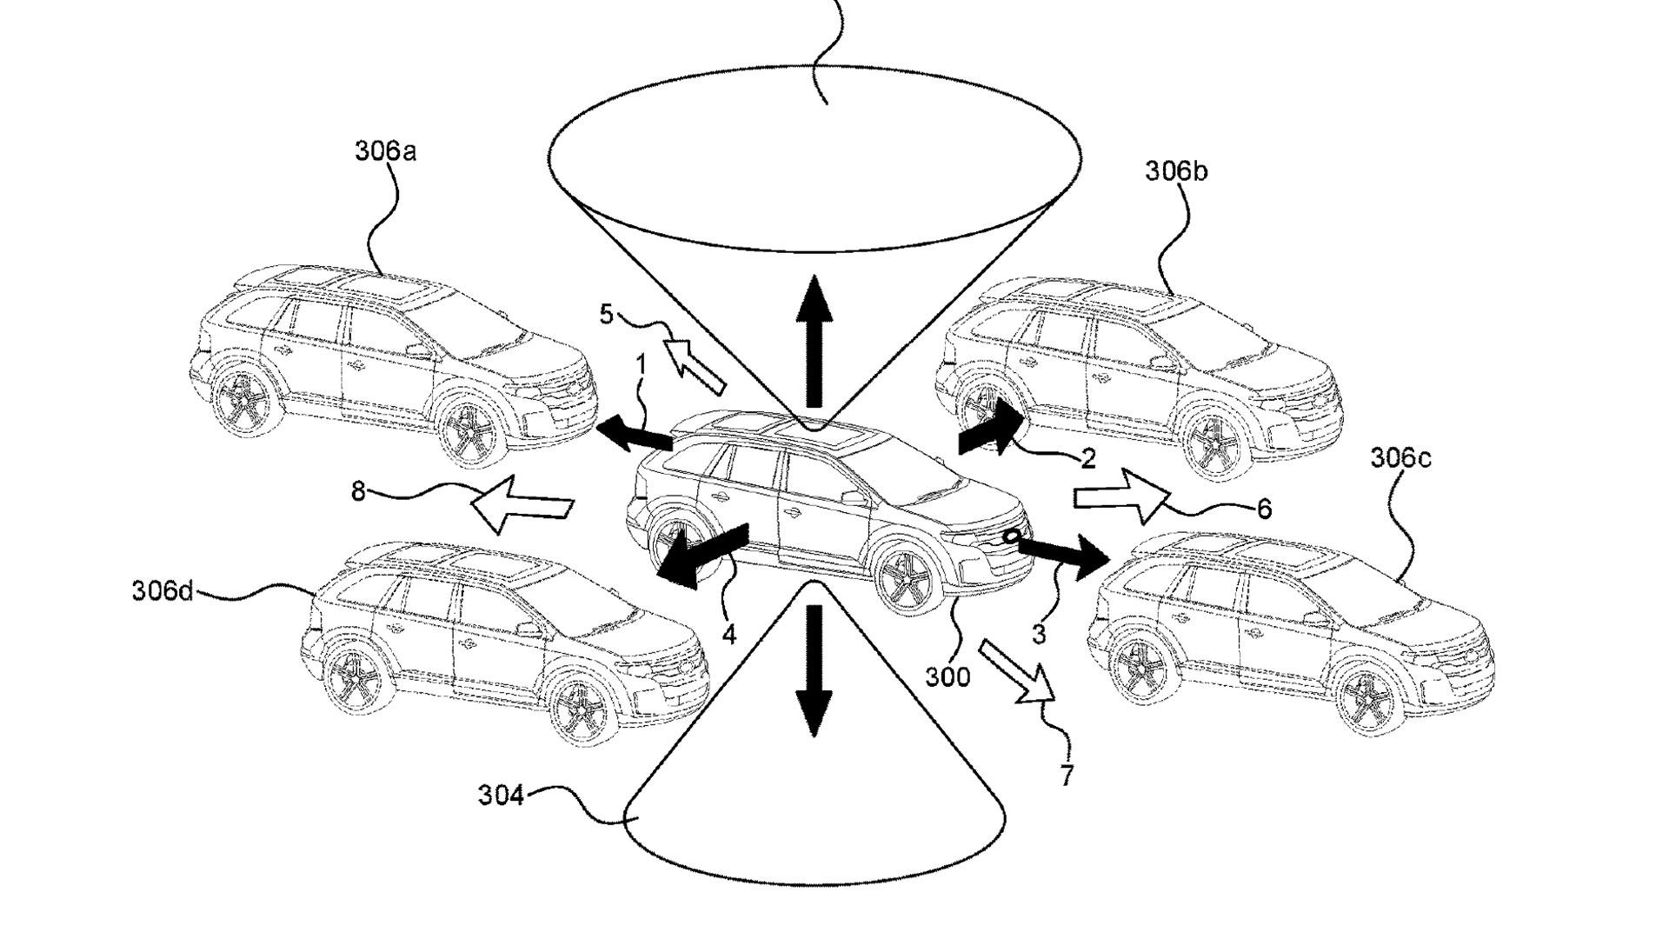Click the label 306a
point(384,151)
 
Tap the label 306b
point(1175,171)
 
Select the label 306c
point(1400,457)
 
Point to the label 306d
point(163,591)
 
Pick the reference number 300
point(947,676)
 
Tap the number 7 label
point(1067,774)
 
